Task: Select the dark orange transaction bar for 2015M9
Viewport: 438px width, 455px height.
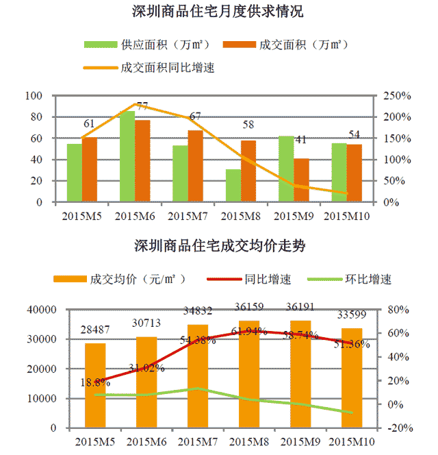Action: [x=301, y=180]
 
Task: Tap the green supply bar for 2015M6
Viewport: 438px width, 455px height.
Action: [x=127, y=157]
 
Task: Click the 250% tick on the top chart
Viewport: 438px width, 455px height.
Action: [x=396, y=96]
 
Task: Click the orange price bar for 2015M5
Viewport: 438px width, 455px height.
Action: [x=95, y=385]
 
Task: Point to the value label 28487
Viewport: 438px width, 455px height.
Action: [x=95, y=331]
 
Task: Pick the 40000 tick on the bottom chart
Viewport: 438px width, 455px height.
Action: [x=41, y=310]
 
